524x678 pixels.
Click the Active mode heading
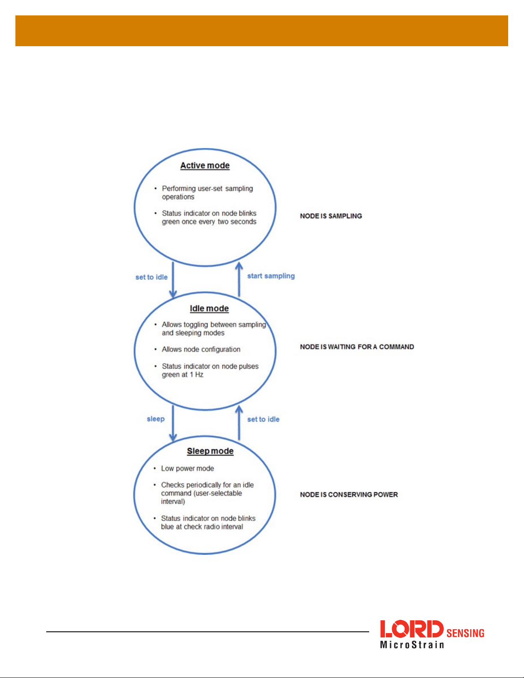205,166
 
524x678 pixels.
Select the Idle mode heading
209,308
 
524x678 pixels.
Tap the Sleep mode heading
210,451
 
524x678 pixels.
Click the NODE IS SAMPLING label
331,216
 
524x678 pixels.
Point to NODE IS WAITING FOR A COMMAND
357,346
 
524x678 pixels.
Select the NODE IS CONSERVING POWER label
349,494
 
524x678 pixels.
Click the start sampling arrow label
271,276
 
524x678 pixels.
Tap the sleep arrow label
156,419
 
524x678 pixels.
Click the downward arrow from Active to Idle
173,280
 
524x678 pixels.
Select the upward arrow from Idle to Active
239,279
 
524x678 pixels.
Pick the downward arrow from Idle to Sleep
173,423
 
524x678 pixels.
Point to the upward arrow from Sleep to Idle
239,423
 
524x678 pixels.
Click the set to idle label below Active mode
151,277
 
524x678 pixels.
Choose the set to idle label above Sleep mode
263,419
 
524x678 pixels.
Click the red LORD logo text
412,629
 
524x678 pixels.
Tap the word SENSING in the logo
465,633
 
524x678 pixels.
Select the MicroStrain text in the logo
412,645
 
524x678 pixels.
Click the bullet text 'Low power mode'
187,468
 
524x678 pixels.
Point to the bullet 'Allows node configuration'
201,349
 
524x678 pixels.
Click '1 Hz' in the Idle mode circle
197,374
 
